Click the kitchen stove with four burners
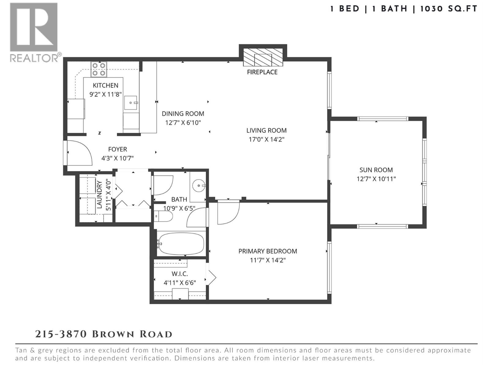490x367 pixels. pos(99,69)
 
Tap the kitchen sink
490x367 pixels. pos(131,102)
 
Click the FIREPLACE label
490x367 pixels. pos(262,72)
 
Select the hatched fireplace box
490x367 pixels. pos(263,58)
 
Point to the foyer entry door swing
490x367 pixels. pos(79,153)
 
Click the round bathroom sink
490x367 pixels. pos(199,185)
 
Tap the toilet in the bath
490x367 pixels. pos(163,216)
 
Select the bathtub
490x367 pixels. pos(181,244)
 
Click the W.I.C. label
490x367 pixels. pos(180,274)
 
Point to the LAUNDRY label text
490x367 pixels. pos(99,195)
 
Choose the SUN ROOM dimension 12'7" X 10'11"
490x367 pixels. pos(376,179)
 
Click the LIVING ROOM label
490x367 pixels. pos(266,131)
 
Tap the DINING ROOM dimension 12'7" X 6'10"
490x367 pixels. pos(183,123)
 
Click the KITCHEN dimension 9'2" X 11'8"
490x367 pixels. pos(106,95)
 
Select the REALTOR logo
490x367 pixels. pos(34,32)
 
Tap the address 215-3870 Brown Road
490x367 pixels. pos(104,334)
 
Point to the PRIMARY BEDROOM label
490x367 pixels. pos(268,251)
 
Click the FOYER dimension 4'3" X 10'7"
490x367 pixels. pos(118,158)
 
